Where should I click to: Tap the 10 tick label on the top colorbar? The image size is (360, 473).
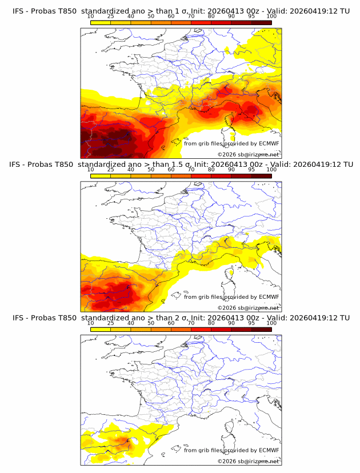pyautogui.click(x=90, y=17)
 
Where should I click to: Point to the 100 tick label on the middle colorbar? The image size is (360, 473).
pyautogui.click(x=271, y=170)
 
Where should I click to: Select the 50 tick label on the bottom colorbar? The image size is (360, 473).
pyautogui.click(x=151, y=323)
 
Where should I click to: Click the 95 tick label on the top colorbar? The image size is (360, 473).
pyautogui.click(x=251, y=17)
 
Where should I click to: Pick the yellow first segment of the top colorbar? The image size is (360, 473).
pyautogui.click(x=101, y=22)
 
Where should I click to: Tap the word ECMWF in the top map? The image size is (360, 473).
pyautogui.click(x=269, y=143)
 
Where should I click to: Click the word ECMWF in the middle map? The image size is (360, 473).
pyautogui.click(x=269, y=296)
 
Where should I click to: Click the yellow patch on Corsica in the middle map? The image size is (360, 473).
pyautogui.click(x=232, y=274)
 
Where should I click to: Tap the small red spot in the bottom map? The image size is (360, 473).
pyautogui.click(x=126, y=442)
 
